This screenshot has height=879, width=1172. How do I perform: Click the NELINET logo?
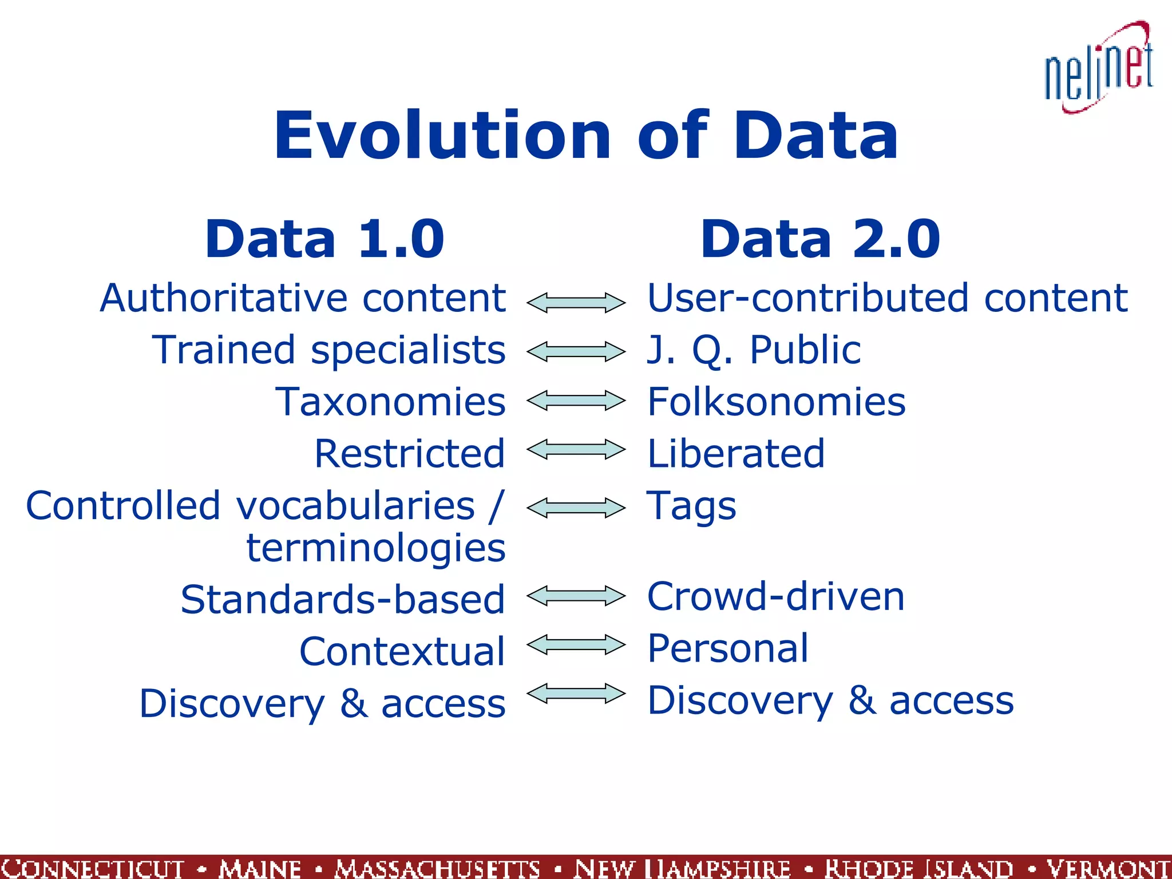(1098, 69)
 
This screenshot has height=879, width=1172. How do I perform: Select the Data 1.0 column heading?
(324, 239)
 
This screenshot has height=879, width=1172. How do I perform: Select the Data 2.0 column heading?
(820, 239)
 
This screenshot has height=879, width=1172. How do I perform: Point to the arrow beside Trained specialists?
(576, 351)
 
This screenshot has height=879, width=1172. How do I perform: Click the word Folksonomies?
(776, 402)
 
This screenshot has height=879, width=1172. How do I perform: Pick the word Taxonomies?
(390, 402)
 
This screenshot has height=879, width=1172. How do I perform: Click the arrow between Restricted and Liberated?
(576, 450)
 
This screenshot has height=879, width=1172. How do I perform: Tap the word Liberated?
(736, 454)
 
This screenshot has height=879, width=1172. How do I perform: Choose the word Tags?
(691, 506)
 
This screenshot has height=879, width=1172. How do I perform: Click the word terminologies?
(376, 548)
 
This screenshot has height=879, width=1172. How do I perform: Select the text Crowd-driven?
(775, 596)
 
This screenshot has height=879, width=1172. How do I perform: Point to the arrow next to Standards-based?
(576, 596)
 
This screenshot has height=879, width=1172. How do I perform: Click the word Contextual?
(402, 651)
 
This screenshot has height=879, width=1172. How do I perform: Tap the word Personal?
(728, 648)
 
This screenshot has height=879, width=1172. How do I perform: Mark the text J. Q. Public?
(753, 350)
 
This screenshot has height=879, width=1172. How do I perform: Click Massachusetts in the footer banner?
(437, 868)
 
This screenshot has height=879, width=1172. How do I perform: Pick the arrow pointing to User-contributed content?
(576, 302)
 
